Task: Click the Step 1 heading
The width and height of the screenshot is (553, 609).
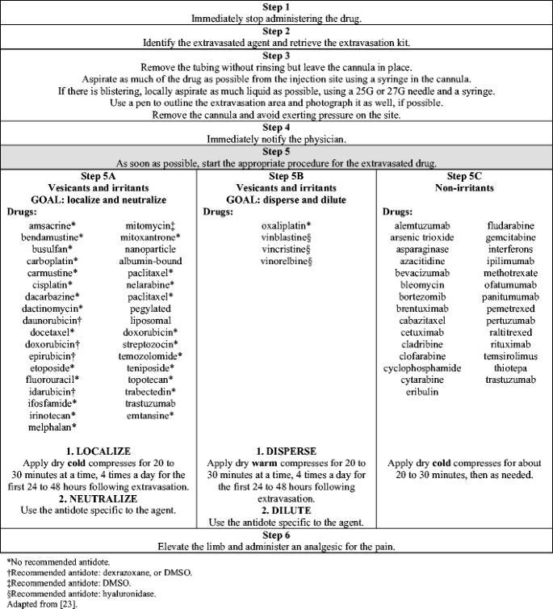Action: click(277, 6)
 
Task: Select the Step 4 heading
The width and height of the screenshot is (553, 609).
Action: click(277, 127)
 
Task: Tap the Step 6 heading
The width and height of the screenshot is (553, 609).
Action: click(277, 535)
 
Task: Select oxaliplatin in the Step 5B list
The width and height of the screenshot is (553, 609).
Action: click(285, 225)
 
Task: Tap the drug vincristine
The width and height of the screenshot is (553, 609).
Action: click(285, 250)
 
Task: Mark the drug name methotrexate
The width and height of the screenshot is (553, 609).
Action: click(509, 273)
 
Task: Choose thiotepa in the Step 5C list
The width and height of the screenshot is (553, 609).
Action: click(509, 367)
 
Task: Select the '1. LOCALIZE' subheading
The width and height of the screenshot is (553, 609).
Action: click(100, 451)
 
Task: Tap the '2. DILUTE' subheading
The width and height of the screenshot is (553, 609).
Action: click(287, 510)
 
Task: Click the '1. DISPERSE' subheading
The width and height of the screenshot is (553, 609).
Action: click(287, 451)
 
